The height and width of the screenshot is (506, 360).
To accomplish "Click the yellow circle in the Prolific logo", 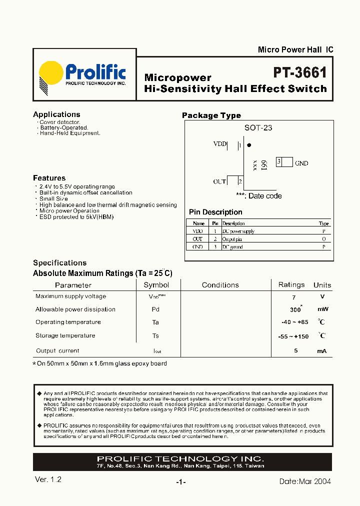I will (51, 74).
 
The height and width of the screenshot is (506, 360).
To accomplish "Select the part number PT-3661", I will (299, 73).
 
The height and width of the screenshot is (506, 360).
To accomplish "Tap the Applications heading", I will (56, 114).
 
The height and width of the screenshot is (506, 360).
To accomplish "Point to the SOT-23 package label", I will (258, 128).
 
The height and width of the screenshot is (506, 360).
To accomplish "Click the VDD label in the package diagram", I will (219, 144).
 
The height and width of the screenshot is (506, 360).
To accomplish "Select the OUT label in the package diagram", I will (219, 181).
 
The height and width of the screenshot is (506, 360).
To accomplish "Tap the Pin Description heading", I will (215, 212).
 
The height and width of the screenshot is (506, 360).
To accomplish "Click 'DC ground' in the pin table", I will (232, 247).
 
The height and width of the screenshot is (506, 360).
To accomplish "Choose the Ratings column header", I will (291, 284).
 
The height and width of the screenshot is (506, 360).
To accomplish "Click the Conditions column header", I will (220, 285).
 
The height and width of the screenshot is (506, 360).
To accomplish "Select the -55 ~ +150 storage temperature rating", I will (293, 336).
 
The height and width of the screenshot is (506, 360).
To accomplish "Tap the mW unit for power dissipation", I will (322, 309).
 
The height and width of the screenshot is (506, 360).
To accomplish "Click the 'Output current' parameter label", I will (57, 351).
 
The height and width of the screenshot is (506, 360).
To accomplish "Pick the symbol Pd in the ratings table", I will (155, 309).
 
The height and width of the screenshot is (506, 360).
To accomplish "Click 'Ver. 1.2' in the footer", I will (48, 479).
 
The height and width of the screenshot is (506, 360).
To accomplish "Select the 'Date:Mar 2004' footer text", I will (305, 481).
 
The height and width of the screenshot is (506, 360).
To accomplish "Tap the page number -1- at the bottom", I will (181, 482).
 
